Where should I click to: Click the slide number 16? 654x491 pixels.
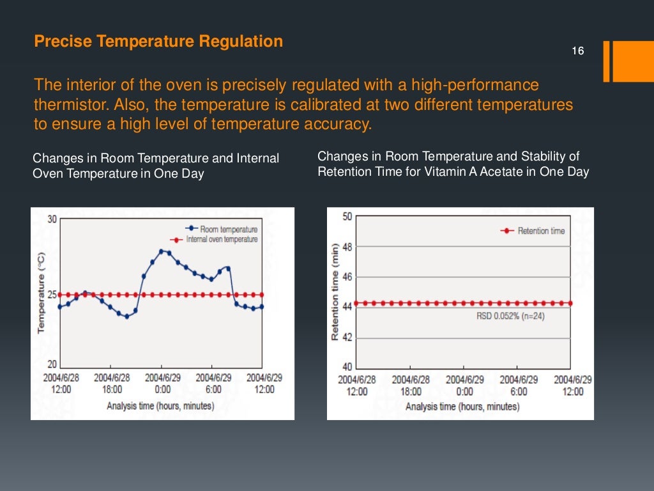coord(578,51)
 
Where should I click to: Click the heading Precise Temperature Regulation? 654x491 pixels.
coord(158,42)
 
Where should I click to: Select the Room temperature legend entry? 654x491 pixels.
coord(229,229)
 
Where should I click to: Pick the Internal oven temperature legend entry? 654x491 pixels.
coord(222,239)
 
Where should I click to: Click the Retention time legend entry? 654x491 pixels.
coord(541,231)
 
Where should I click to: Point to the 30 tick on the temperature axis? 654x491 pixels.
coord(52,219)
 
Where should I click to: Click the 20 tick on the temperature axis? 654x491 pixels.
coord(52,364)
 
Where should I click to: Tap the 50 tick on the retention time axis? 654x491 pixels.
coord(347,217)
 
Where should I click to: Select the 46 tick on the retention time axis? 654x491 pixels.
coord(347,277)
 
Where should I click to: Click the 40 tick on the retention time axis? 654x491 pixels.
coord(347,367)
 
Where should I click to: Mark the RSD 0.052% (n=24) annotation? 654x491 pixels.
coord(510,316)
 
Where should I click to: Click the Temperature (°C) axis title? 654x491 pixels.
coord(41,292)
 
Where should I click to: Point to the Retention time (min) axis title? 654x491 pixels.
coord(335,292)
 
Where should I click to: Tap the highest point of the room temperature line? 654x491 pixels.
coord(161,251)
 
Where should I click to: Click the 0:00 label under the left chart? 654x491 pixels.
coord(162,389)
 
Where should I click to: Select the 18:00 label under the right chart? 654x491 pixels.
coord(411,391)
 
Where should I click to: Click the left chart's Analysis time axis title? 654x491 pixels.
coord(160,405)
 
